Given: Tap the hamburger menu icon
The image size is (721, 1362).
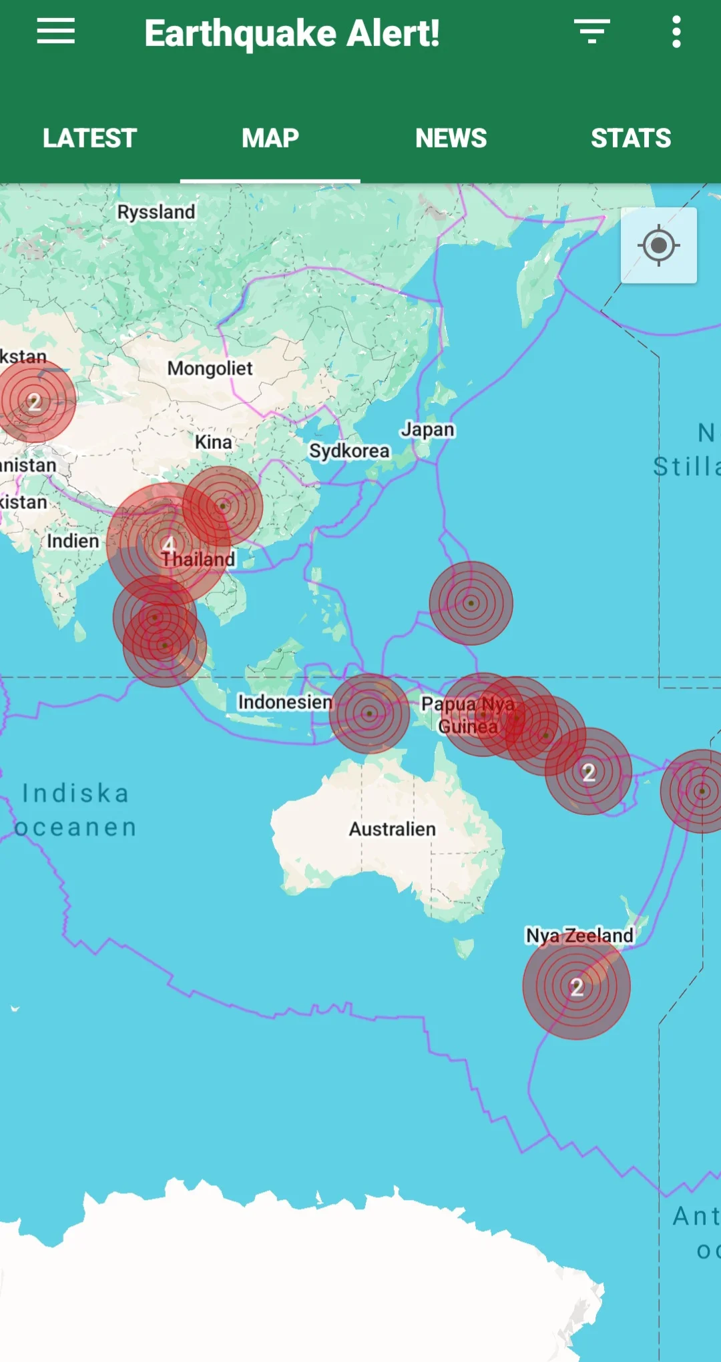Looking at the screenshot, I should point(56,31).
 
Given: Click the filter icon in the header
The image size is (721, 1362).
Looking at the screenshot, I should point(591,31).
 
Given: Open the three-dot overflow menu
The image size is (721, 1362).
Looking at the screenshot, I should point(676,31).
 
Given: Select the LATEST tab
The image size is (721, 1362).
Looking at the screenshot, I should point(89,138).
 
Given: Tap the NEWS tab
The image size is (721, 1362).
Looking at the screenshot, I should point(451,138).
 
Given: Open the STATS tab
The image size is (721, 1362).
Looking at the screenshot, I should point(630,138).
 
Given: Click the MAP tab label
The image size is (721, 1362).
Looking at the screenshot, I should point(270,138).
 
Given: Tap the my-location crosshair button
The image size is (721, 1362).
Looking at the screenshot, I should point(659,245).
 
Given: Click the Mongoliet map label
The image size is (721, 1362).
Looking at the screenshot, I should point(210,368).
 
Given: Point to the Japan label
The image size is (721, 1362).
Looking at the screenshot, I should point(427,430).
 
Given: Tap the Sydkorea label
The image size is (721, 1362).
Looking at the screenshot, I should point(348,451).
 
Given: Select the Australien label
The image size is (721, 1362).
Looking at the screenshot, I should point(392,829).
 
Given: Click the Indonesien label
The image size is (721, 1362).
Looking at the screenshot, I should point(285,702).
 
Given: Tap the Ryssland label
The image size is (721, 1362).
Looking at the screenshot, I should point(156,212).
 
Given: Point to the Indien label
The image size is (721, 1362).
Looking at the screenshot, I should point(73,541).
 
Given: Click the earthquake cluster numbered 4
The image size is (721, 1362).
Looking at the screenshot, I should point(168,544).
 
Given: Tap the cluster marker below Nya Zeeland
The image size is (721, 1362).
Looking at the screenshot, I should point(577,986).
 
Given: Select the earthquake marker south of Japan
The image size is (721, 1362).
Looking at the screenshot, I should point(471,603).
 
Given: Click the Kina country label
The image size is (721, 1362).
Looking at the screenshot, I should point(214,442).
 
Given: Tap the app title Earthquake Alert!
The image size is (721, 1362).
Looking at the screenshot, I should point(292,33).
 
